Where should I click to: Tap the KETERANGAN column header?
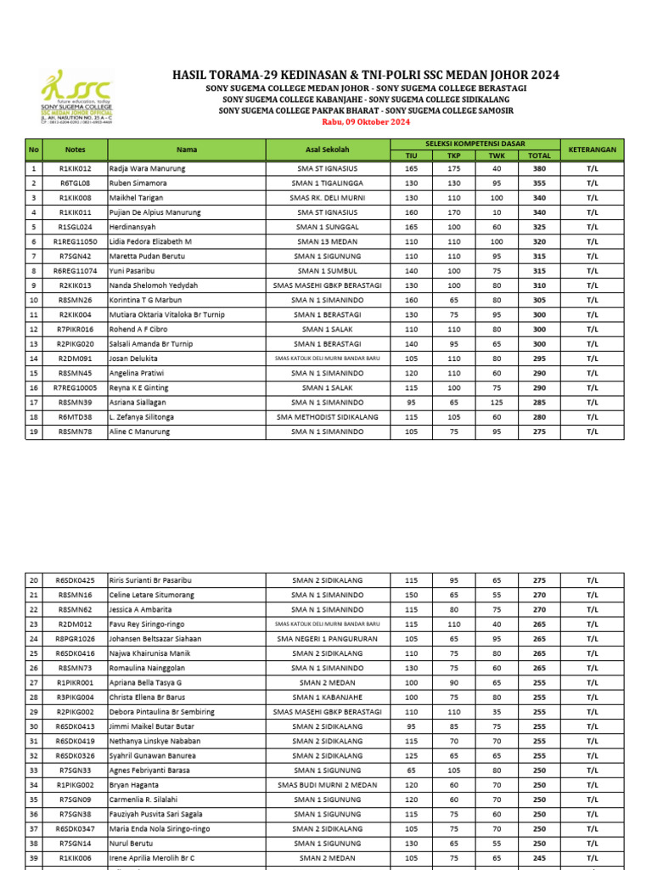(x=592, y=150)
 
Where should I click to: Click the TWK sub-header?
(x=497, y=155)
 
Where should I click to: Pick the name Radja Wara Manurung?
(x=148, y=168)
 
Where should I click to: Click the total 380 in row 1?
(x=539, y=168)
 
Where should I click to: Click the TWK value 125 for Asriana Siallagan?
(x=497, y=402)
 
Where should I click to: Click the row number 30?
(x=34, y=726)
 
